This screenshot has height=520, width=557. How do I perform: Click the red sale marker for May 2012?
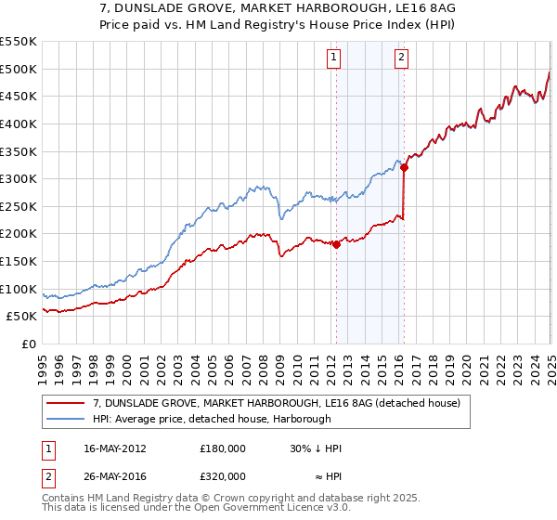click(336, 245)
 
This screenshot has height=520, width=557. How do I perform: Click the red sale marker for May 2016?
click(404, 168)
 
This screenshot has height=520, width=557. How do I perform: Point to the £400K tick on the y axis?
click(18, 123)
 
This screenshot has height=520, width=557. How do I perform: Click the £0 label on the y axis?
click(28, 344)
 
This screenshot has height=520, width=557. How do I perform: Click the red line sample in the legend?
click(66, 404)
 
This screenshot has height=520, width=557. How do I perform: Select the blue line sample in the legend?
click(66, 419)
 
